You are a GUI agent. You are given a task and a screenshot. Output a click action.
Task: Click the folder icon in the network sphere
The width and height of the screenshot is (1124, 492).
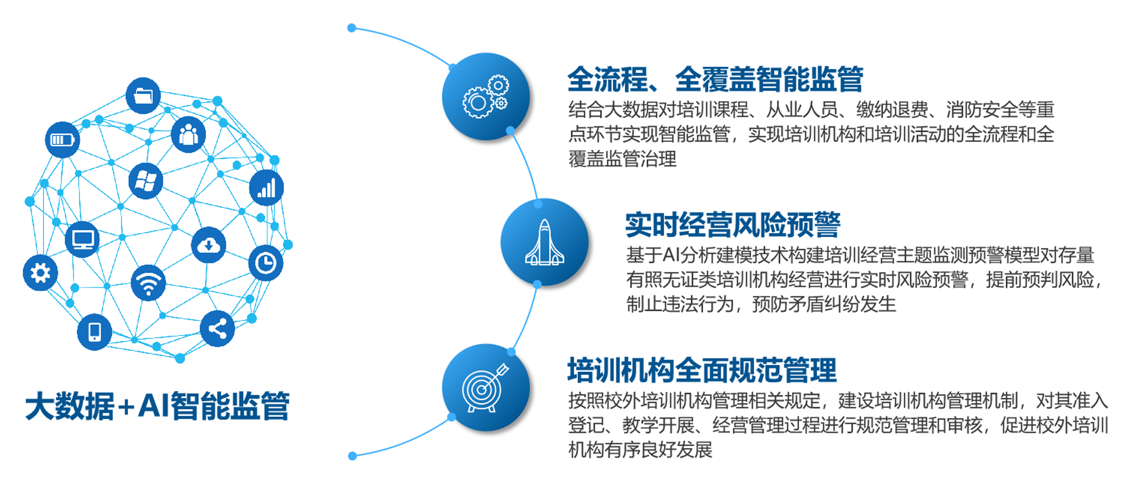point(143,95)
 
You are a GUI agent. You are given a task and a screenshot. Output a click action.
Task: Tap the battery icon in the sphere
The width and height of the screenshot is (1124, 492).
point(62,140)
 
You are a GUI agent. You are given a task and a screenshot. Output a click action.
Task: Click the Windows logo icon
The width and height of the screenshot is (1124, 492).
point(146,181)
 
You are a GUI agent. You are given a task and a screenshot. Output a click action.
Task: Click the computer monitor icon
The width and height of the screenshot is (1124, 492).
point(82,239)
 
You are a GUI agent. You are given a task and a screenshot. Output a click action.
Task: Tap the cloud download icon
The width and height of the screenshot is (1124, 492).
point(209,245)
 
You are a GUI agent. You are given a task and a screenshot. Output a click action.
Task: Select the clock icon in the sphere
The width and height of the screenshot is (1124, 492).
point(266,263)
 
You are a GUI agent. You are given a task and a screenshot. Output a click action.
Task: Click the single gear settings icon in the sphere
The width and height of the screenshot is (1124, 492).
point(40,273)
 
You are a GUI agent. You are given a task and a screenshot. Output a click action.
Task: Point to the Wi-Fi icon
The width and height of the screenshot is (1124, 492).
point(148,283)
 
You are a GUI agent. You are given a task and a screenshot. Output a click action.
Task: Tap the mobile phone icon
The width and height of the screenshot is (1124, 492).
point(94,332)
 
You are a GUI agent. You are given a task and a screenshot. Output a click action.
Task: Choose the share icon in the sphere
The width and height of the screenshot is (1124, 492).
point(217,329)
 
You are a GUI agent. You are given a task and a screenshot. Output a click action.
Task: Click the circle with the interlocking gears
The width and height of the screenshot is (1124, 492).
point(486,96)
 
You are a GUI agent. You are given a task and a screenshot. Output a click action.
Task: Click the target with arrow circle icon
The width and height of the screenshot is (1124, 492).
point(486,388)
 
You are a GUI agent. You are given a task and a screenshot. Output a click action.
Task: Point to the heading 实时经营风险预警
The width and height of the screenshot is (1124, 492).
point(733,225)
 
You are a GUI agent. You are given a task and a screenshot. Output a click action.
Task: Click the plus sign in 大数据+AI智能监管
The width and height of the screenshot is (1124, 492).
point(126,407)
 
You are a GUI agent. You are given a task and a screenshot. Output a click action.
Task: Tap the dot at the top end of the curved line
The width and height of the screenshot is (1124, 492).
point(352,28)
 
